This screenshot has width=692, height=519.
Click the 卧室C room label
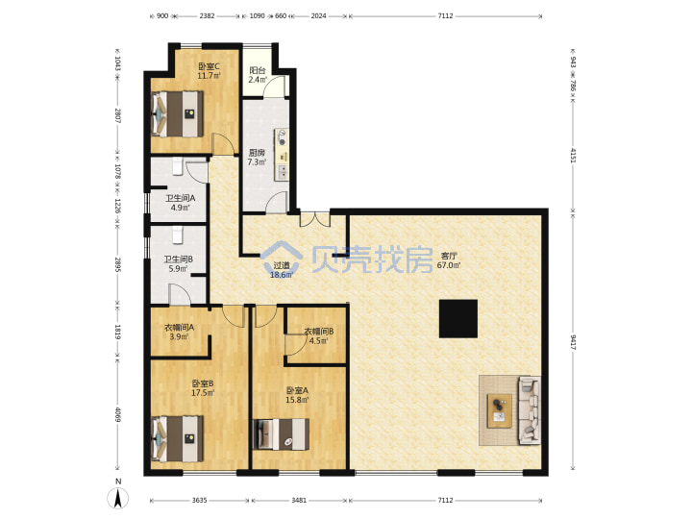pos(209,66)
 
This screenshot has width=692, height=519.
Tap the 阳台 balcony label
pos(258,70)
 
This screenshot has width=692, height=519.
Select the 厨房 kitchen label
pos(257,153)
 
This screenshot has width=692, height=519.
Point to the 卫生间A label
pos(180,198)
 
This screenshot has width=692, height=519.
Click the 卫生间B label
pos(179,259)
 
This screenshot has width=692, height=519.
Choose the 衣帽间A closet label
pos(179,328)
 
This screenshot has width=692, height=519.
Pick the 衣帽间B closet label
pos(319,331)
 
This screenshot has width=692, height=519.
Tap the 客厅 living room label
pos(449,256)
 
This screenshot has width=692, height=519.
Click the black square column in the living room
pos(458,319)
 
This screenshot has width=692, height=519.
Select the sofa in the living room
pos(530,410)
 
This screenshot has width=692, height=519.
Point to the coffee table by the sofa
pos(499,411)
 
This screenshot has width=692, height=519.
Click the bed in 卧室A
pos(281,434)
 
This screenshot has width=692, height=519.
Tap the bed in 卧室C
pos(178,113)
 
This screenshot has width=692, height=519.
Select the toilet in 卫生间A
pos(178,165)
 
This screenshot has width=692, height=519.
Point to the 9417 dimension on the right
pos(573,342)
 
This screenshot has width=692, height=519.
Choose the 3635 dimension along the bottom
pos(200,501)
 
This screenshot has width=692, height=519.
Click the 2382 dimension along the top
pos(207,16)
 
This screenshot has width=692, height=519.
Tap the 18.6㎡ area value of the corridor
pos(282,275)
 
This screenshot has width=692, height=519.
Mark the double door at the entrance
pos(314,219)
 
